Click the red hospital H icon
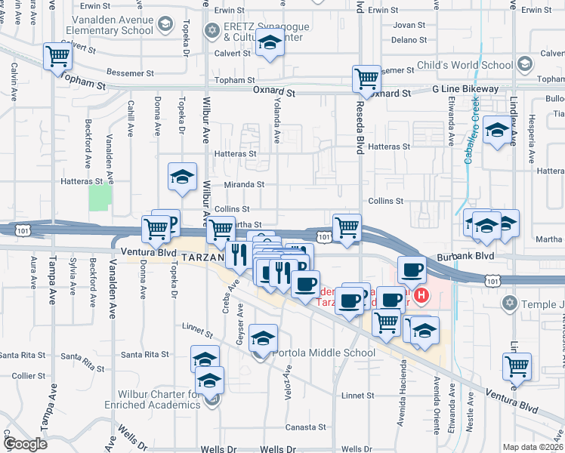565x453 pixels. pos(422,295)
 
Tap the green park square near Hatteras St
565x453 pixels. pos(100,198)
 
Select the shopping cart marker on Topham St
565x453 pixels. pos(57,55)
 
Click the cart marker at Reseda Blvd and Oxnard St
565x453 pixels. pos(366,78)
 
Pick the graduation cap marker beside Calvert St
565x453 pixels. pos(269,45)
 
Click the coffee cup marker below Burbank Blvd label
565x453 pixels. pos(412,270)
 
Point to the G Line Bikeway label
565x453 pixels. pos(465,89)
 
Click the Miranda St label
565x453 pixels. pos(244,183)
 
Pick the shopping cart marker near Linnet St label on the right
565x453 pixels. pos(517,366)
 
